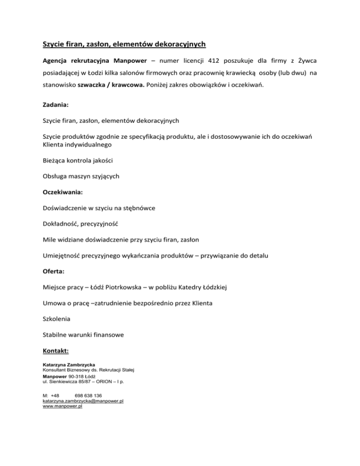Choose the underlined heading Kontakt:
pyautogui.click(x=56, y=350)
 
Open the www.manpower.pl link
pyautogui.click(x=62, y=406)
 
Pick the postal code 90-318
pyautogui.click(x=76, y=376)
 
